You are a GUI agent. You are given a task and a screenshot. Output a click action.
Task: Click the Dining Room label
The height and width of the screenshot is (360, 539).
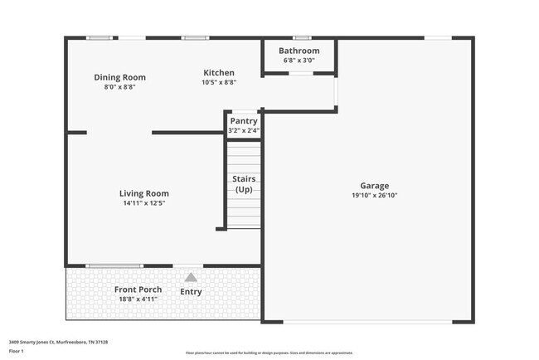click(119, 77)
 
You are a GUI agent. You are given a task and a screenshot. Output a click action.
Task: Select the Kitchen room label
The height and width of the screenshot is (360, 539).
click(218, 73)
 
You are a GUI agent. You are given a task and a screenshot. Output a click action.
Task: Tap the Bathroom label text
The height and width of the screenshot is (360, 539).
click(299, 51)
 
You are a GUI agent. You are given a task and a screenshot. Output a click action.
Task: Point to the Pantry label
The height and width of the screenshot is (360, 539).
click(244, 121)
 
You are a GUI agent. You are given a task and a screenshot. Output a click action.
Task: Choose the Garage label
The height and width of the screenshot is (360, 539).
click(374, 186)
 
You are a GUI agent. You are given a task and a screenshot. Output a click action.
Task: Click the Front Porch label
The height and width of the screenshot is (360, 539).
click(138, 289)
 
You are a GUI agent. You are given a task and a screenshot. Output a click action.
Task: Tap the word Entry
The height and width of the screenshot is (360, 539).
click(191, 291)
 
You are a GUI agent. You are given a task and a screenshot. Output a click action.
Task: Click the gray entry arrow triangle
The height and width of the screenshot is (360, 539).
click(191, 277)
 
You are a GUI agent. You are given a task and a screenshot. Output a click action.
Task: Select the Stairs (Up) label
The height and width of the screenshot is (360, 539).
click(244, 184)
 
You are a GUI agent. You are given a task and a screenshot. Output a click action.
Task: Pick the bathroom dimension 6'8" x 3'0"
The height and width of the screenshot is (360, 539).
click(299, 60)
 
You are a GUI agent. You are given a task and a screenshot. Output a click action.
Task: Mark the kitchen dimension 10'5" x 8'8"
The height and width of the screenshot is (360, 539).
click(218, 82)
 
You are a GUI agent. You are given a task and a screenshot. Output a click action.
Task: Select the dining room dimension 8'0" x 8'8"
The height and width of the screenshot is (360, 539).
click(119, 86)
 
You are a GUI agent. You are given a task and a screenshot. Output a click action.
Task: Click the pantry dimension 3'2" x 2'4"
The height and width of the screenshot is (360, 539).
click(244, 130)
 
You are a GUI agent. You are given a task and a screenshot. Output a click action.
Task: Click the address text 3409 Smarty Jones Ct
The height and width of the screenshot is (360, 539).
click(58, 342)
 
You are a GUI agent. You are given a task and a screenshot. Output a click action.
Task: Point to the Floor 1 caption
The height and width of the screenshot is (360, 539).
click(17, 351)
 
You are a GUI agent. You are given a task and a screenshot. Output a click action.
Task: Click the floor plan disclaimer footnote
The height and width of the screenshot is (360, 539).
click(269, 353)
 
